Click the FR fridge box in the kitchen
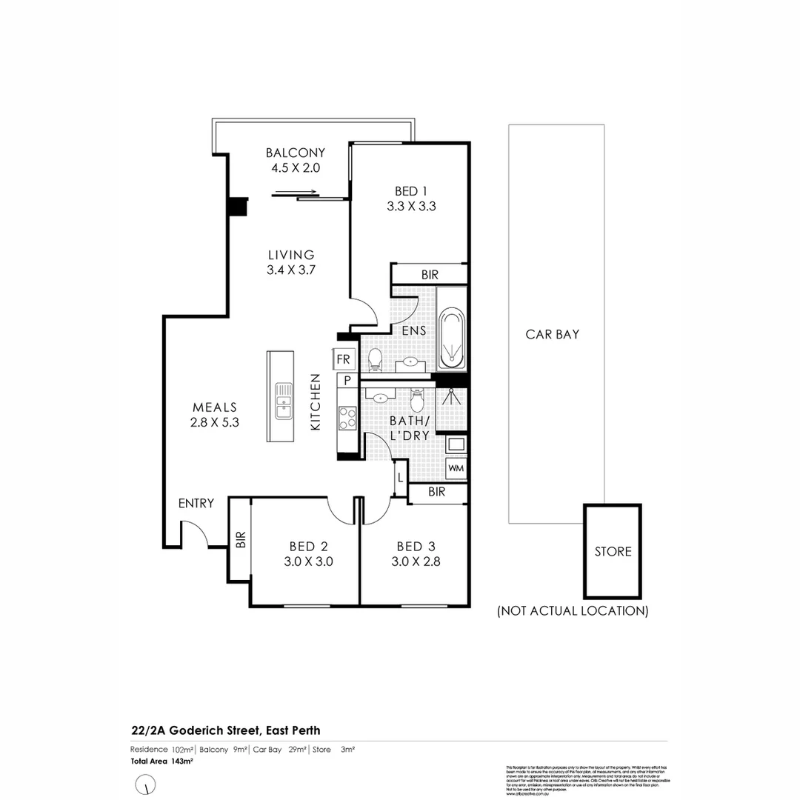pos(344,359)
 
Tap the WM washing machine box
pos(456,469)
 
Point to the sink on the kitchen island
pos(283,400)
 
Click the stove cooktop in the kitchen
pos(347,419)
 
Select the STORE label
pos(613,552)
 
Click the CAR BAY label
pos(552,334)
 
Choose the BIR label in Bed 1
pos(430,275)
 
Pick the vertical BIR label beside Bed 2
pos(240,540)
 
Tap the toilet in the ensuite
pos(375,359)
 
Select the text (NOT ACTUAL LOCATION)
pos(572,611)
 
